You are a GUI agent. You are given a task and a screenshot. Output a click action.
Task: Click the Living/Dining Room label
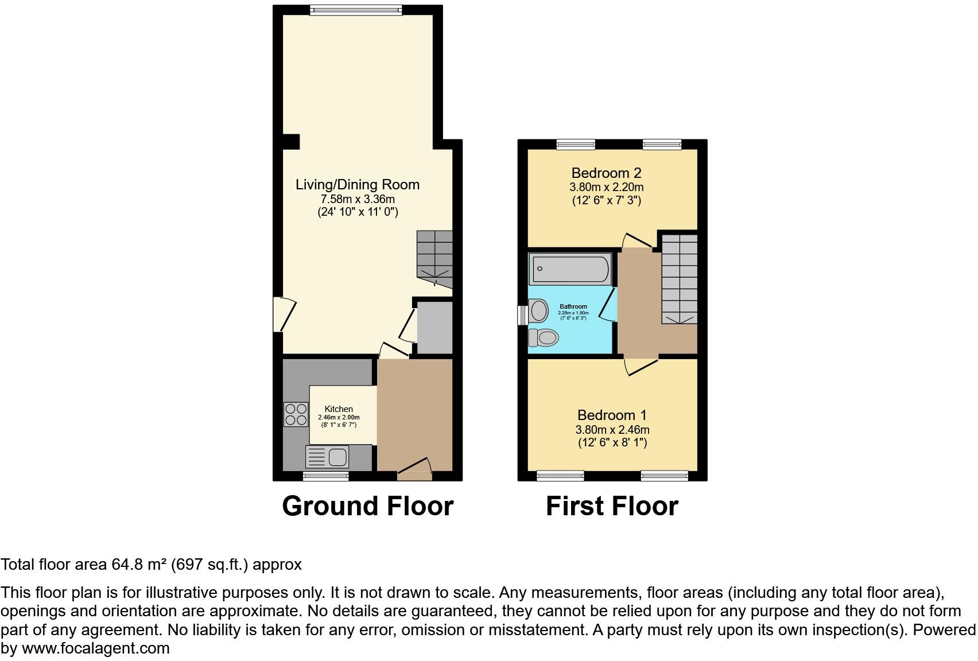pos(357,185)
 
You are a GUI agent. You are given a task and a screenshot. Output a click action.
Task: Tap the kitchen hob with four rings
pos(296,414)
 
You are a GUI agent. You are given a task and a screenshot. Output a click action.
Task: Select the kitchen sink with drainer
pos(327,457)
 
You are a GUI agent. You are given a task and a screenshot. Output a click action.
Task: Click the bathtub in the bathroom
pos(570,270)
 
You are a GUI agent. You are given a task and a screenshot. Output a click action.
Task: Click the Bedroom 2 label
pos(606,173)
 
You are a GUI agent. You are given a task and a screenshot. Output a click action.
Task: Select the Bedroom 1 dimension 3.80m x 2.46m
pos(612,430)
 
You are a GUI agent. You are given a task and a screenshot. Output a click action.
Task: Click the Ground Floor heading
pos(367,506)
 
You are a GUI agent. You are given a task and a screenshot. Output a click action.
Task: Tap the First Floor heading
pos(612,506)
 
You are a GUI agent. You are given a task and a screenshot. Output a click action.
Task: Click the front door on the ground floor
pos(414,472)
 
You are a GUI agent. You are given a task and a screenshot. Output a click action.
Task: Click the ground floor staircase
pos(434,258)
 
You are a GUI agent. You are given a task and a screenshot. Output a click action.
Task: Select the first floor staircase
pos(680,279)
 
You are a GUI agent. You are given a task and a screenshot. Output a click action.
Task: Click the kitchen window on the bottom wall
pos(325,476)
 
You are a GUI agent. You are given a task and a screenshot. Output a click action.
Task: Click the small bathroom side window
pos(522,315)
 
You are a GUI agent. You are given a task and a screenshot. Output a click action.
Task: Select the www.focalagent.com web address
pos(95,649)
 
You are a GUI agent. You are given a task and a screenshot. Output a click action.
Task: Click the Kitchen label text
pos(339,409)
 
